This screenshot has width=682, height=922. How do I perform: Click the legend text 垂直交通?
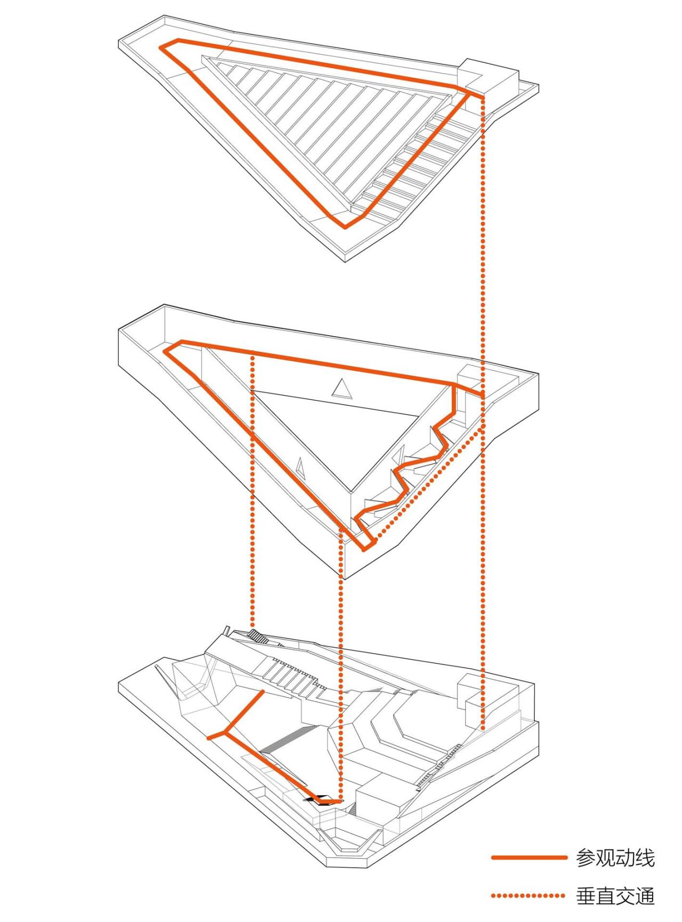[x=615, y=896]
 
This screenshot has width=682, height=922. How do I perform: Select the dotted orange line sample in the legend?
[x=529, y=896]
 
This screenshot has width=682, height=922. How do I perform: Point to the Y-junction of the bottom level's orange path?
[x=226, y=733]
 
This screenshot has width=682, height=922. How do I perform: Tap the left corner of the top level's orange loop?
[x=161, y=47]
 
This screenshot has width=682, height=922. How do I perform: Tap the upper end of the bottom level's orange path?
[x=263, y=692]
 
